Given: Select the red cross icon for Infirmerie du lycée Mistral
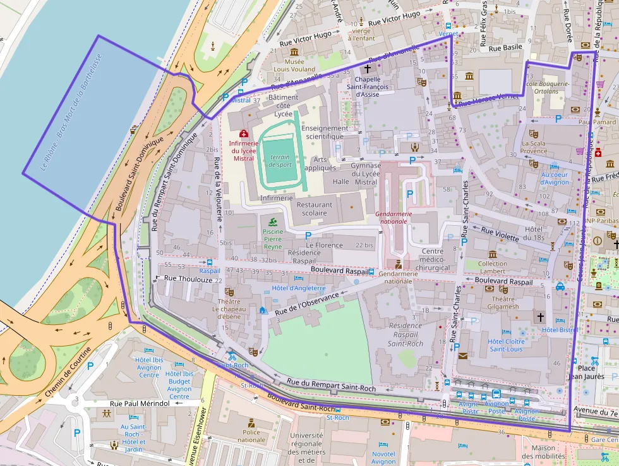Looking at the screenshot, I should (x=243, y=133).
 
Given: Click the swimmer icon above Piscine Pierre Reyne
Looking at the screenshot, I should (x=272, y=221).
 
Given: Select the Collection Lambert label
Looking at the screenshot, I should (x=492, y=267).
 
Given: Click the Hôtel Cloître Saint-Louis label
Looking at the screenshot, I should (x=506, y=345).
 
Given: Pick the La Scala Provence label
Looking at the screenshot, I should (x=534, y=147).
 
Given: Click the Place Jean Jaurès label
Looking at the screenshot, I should (x=586, y=372).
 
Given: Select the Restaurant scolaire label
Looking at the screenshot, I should (x=315, y=209).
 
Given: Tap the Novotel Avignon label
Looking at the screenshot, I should (x=383, y=458).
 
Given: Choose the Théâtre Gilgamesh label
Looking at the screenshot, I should (x=503, y=302).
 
